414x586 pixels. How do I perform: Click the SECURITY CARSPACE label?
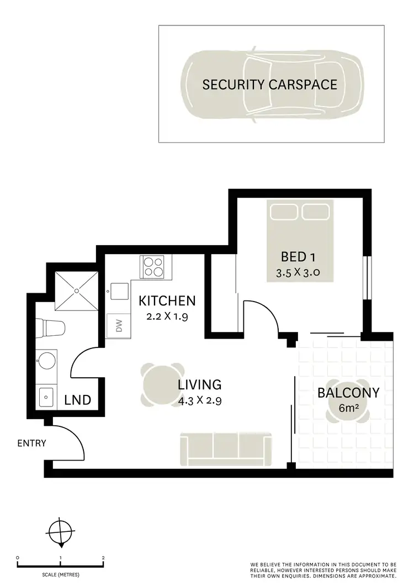click(x=269, y=85)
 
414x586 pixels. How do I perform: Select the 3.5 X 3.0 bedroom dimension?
click(x=298, y=272)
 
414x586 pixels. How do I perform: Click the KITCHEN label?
click(x=167, y=301)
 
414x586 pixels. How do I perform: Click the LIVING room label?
click(x=199, y=384)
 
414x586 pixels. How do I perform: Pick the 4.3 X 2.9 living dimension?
click(x=199, y=401)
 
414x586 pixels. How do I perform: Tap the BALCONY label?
click(x=348, y=393)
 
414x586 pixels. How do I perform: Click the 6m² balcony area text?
click(x=348, y=409)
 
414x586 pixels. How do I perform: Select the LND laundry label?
click(x=77, y=400)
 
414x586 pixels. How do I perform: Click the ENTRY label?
click(x=31, y=443)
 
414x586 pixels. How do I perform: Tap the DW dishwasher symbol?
click(x=118, y=326)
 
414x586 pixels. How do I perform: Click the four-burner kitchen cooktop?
click(x=155, y=267)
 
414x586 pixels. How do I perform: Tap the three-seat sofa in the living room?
click(x=226, y=448)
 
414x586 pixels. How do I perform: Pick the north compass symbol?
click(x=60, y=534)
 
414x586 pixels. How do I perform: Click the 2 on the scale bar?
click(x=103, y=558)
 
